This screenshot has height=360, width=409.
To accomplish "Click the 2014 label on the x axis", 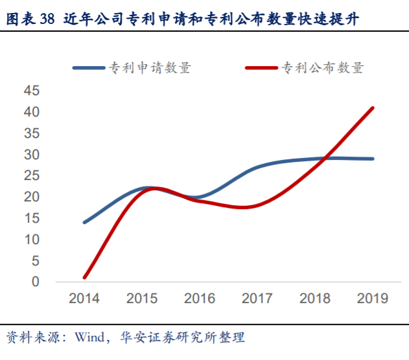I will point(84,298).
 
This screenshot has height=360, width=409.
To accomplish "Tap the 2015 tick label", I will point(142,298).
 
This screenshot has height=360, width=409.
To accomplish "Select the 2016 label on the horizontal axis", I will point(200,298).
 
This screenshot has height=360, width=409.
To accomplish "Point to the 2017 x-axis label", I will point(257,298).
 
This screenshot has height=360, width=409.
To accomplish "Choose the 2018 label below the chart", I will point(314,298).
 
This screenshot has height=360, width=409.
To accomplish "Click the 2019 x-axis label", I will point(372,298).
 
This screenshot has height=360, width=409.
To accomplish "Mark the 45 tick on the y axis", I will point(32,91).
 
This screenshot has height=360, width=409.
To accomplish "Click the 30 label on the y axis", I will point(32,155).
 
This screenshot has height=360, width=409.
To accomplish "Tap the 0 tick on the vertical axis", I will point(36,282).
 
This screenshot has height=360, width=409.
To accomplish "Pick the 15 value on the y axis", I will point(32,218).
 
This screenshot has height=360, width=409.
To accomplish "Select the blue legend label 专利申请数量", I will point(149,67).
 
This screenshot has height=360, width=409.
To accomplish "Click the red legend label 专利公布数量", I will point(322,67).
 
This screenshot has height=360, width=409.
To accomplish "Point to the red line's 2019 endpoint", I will point(373,108).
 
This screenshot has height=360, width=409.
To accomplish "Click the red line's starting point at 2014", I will point(85,278).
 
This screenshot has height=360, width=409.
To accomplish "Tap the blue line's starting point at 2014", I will point(85,222).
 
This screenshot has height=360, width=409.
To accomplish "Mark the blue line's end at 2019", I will point(373,159).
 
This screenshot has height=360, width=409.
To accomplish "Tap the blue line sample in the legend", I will point(88,67).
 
